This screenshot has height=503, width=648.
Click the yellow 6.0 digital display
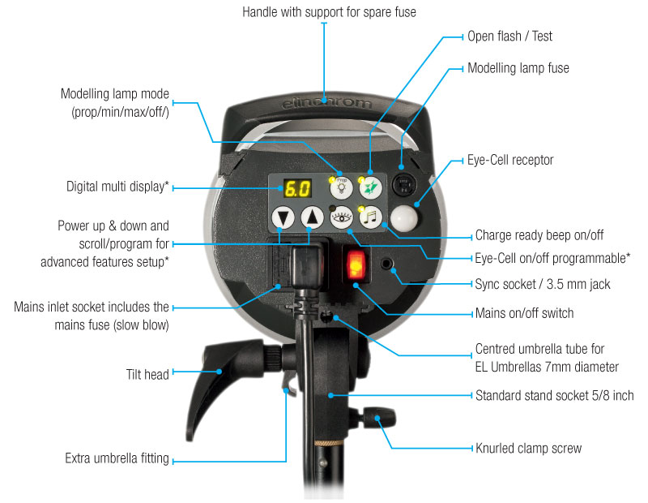[297, 188]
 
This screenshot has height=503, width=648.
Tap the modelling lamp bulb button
[341, 187]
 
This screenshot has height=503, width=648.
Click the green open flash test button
[370, 187]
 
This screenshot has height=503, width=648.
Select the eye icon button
[341, 217]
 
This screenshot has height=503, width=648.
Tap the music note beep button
[370, 217]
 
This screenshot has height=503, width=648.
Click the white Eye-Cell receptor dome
[404, 217]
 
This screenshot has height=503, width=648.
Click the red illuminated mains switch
[356, 265]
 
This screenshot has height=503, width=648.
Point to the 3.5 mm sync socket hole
[387, 264]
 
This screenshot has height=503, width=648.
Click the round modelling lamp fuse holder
[403, 184]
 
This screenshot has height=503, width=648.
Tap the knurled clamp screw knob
[379, 417]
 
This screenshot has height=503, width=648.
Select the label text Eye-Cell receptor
[510, 160]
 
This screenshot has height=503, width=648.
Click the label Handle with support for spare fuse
[329, 12]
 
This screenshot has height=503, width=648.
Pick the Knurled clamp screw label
[529, 448]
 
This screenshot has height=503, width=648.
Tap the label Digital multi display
[117, 187]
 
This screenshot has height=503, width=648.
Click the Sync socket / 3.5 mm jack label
[543, 284]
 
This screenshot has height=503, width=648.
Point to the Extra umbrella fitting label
[117, 458]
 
